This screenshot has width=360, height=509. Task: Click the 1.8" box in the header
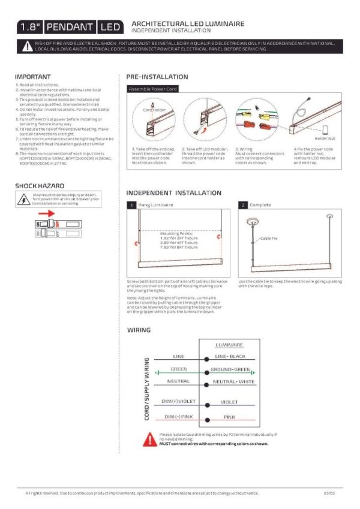(29, 27)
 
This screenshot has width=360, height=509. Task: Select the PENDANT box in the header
(70, 27)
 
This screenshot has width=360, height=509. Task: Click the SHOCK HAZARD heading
(40, 186)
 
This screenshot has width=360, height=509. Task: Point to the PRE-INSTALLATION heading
(157, 77)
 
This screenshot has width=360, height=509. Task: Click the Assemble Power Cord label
(152, 89)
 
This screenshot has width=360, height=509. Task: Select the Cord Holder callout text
(154, 110)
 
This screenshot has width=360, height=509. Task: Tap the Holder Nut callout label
(324, 138)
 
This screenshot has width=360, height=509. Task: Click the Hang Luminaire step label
(156, 205)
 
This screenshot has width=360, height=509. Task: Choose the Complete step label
(260, 205)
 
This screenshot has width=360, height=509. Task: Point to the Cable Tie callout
(268, 238)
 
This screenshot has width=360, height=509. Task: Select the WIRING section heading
(139, 330)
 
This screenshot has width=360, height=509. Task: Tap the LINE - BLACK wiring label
(230, 356)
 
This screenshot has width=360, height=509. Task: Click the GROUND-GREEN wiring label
(230, 369)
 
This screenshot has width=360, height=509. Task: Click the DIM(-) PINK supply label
(178, 416)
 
